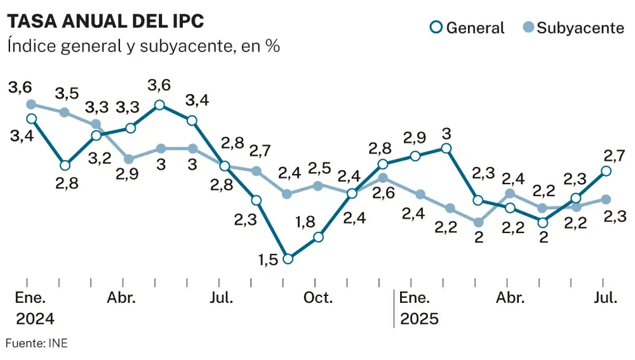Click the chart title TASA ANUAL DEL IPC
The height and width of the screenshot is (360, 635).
click(x=105, y=21)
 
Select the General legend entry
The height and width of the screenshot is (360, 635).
click(x=467, y=28)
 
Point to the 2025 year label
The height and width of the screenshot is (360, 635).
click(x=419, y=319)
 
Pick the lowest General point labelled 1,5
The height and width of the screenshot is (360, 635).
click(x=288, y=258)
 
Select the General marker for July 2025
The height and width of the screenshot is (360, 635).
click(x=606, y=171)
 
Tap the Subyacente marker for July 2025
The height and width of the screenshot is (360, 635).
click(x=606, y=199)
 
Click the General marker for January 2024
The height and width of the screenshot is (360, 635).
click(x=32, y=119)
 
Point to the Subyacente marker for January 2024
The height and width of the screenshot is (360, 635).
click(x=32, y=104)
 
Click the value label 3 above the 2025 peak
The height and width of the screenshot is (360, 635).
click(x=446, y=134)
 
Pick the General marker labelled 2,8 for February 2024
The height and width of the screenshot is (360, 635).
click(x=64, y=165)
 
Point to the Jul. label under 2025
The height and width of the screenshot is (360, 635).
click(x=606, y=298)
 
